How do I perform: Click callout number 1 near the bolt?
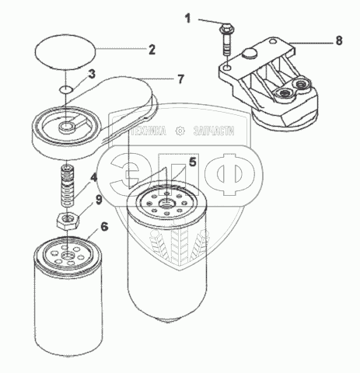187,19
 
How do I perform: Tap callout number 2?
152,50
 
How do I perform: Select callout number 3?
92,74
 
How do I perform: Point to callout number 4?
93,177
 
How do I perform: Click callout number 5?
193,162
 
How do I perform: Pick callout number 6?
104,227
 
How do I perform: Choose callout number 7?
180,79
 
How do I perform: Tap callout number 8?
339,40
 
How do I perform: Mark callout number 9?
99,200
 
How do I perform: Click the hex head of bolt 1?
226,28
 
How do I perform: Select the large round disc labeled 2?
65,52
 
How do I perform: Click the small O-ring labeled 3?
65,89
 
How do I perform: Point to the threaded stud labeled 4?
67,186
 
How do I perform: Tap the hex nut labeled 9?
68,221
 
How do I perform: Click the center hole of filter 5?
166,204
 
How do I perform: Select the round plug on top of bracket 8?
250,53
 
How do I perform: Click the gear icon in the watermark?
180,131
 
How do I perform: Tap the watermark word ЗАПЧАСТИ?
214,131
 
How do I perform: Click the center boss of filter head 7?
67,127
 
